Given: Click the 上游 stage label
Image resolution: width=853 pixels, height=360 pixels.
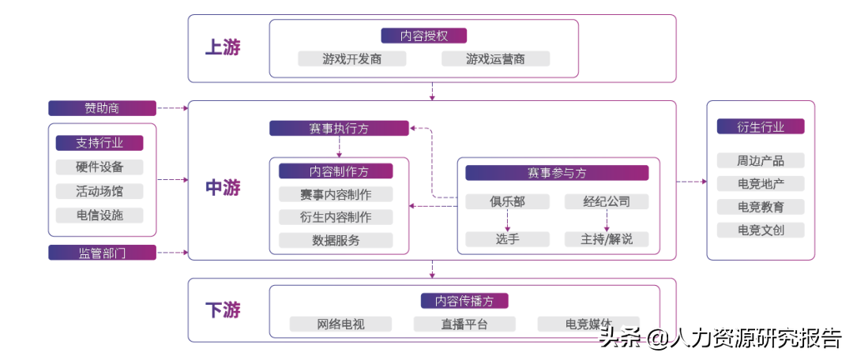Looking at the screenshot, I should pos(223,47).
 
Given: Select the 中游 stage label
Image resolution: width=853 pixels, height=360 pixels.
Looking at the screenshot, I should pos(223,188).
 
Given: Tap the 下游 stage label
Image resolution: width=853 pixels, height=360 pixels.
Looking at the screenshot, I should pos(223,310).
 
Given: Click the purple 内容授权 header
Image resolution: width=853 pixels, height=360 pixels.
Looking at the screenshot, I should pos(423,36).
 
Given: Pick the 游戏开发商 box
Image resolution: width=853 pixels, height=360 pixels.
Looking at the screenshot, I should pos(352,59).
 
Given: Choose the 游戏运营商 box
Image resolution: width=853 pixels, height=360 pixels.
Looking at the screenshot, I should pos(495,59).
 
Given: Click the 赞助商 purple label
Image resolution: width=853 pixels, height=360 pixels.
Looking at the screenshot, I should pos(102,108).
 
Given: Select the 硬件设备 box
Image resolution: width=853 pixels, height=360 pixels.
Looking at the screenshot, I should pos(100,167).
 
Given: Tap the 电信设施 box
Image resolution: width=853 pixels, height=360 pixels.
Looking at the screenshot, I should pos(100,216).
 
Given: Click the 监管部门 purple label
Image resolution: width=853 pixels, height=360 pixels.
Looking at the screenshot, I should pos(102,253).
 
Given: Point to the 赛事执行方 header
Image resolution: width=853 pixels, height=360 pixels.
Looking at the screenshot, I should pos(339,128).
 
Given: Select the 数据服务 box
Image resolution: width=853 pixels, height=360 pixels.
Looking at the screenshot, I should pos(336,240).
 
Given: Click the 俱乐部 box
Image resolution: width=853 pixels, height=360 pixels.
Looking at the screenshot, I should pos(507,201).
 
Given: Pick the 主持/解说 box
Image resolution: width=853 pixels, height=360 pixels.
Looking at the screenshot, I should pos(607,239).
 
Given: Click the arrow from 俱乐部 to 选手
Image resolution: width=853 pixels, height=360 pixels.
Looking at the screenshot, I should pos(507,220).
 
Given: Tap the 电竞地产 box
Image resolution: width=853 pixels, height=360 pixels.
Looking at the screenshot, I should pos(760,184).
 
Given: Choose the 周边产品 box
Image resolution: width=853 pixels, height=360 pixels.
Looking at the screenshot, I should pos(760,160).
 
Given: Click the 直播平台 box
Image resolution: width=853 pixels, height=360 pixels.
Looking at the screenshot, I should pos(464,324).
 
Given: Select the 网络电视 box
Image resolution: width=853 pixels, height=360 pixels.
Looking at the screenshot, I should pos(341,324).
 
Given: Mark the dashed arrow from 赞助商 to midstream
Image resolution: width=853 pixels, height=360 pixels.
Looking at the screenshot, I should pos(172,108).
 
